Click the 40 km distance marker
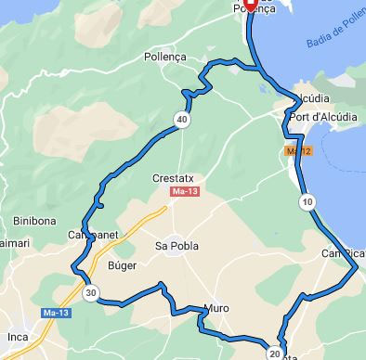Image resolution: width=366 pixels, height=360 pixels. pos(182,120)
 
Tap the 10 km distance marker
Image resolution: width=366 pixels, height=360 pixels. pos(307,201)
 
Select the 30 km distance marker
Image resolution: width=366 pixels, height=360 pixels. pos(90,293)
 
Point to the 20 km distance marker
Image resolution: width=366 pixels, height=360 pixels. pos(275,353)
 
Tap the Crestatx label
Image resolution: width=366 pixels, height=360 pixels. pos(174,176)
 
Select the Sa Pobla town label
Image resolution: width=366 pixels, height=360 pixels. pos(176,246)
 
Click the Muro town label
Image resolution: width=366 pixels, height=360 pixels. pos(216,309)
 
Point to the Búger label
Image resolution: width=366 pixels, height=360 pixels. pos(123,265)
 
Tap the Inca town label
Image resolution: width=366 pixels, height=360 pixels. pos(18,335)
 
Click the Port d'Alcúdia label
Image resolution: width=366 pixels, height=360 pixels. pos(323,118)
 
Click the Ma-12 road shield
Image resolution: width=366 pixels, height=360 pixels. pos(298,149)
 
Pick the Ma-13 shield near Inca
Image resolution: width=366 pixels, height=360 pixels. pos(55,314)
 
